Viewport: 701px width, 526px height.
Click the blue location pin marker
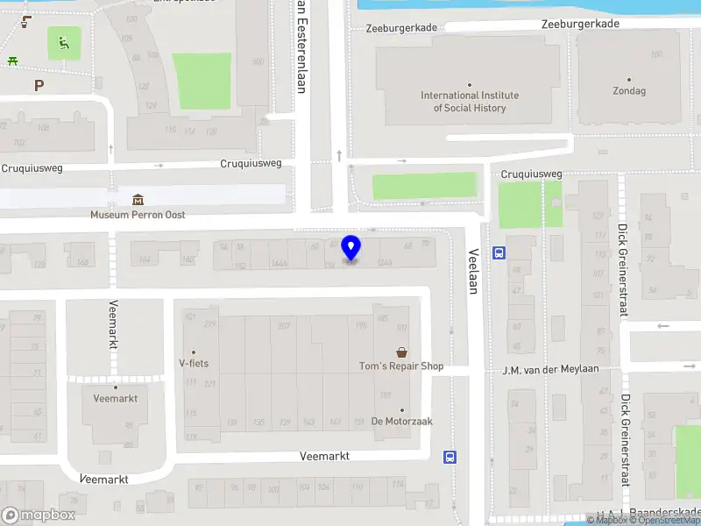pyautogui.click(x=351, y=248)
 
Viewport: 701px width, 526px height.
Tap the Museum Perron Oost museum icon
pyautogui.click(x=138, y=200)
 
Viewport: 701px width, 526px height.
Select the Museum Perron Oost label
pyautogui.click(x=138, y=215)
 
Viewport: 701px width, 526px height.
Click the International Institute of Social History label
pyautogui.click(x=470, y=102)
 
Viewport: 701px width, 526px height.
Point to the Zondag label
pyautogui.click(x=629, y=90)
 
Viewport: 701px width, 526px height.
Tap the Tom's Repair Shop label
pyautogui.click(x=401, y=366)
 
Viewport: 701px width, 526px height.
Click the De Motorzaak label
pyautogui.click(x=402, y=421)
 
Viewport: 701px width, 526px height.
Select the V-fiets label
pyautogui.click(x=194, y=363)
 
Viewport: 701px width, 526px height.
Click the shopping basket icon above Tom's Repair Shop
pyautogui.click(x=401, y=352)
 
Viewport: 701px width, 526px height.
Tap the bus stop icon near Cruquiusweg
pyautogui.click(x=499, y=253)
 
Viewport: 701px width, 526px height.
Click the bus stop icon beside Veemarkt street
pyautogui.click(x=450, y=456)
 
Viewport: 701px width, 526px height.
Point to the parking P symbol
pyautogui.click(x=38, y=85)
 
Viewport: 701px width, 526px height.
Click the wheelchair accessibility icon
pyautogui.click(x=63, y=41)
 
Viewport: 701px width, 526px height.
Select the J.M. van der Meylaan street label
pyautogui.click(x=550, y=369)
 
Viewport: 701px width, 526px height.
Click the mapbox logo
pyautogui.click(x=39, y=515)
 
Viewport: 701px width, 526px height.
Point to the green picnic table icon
pyautogui.click(x=12, y=60)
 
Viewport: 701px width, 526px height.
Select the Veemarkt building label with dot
pyautogui.click(x=115, y=398)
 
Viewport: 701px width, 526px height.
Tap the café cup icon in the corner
pyautogui.click(x=27, y=21)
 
